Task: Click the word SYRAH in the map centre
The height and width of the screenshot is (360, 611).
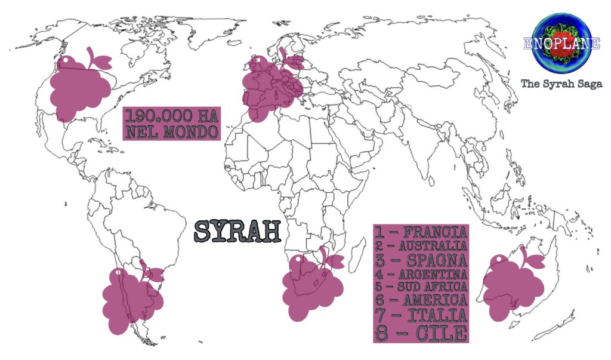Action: pyautogui.click(x=238, y=232)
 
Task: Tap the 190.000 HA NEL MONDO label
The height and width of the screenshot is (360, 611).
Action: pyautogui.click(x=171, y=124)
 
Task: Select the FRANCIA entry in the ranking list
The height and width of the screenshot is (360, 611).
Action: pyautogui.click(x=421, y=232)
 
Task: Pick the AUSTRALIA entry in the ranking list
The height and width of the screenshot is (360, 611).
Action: pyautogui.click(x=421, y=246)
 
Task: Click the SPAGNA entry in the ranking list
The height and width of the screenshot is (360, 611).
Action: pyautogui.click(x=421, y=260)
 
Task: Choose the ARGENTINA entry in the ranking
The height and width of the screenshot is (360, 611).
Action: pyautogui.click(x=421, y=275)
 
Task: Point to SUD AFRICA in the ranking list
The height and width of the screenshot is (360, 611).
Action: pyautogui.click(x=421, y=287)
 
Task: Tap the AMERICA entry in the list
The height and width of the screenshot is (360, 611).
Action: pyautogui.click(x=421, y=300)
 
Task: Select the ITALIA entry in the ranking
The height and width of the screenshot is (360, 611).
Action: pyautogui.click(x=421, y=314)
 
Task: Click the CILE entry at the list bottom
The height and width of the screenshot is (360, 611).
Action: pyautogui.click(x=421, y=332)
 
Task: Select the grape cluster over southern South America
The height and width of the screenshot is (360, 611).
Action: pyautogui.click(x=129, y=299)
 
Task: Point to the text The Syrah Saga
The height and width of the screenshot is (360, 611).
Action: pyautogui.click(x=561, y=84)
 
